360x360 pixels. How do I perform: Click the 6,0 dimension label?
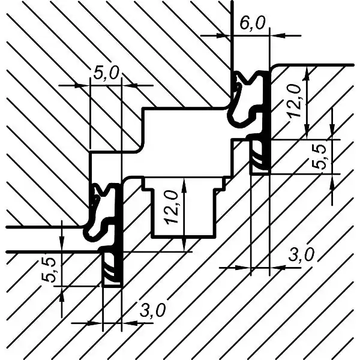coord(253,23)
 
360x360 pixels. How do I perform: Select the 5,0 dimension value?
coord(106,73)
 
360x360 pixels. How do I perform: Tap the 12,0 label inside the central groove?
coord(172,208)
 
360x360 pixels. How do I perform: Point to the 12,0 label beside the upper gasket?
coord(295,101)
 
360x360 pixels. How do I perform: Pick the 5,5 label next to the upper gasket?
coord(319,157)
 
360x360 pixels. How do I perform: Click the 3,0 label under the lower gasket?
coord(152,310)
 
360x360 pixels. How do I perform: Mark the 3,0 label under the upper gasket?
coord(301,255)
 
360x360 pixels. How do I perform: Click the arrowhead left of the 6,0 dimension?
coord(223,35)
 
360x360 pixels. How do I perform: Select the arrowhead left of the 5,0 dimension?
coord(83,86)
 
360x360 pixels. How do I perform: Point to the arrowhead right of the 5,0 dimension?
coord(129,86)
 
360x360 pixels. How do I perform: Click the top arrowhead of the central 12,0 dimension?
coord(184,185)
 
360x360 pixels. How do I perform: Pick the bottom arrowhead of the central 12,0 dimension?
coord(184,244)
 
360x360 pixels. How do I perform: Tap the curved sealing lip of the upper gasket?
coord(236,99)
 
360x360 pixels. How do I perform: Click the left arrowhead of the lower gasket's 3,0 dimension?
coord(95,323)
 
